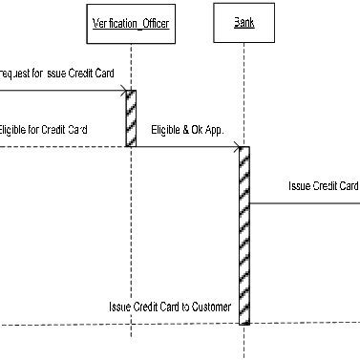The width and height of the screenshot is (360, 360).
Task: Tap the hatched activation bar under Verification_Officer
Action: [131, 118]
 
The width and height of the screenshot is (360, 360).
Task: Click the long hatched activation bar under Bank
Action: [244, 235]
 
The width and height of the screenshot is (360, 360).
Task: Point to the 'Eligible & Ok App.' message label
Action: [187, 131]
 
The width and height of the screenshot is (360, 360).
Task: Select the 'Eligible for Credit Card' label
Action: [44, 129]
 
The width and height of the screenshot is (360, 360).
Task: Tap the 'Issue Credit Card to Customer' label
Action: [170, 307]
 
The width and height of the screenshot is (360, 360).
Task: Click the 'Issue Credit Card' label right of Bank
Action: [323, 185]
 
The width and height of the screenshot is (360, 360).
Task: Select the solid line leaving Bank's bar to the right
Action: [306, 201]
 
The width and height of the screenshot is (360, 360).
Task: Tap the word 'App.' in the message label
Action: [214, 131]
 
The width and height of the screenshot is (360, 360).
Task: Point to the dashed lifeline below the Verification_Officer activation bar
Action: [131, 239]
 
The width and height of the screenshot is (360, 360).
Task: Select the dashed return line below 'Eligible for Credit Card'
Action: [57, 146]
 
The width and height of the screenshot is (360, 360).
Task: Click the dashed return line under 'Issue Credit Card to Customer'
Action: [115, 324]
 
